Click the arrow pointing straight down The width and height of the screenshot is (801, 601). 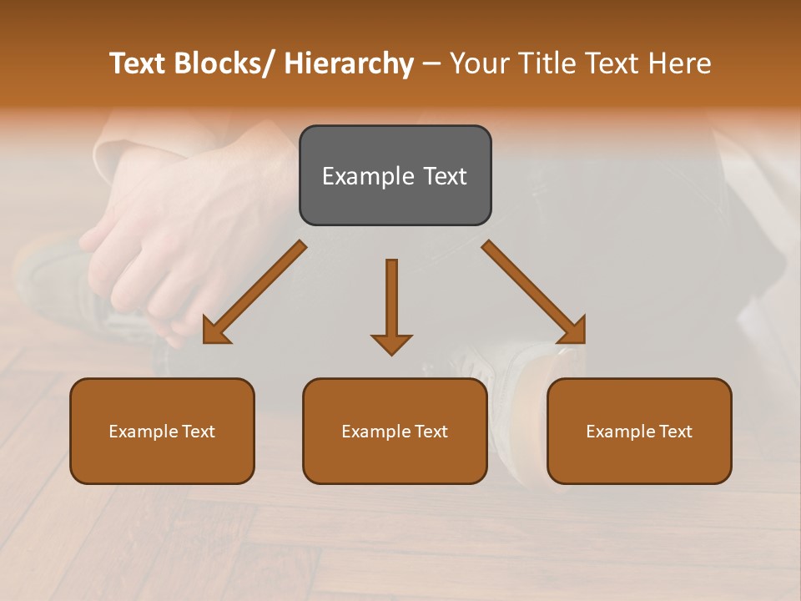[x=391, y=306]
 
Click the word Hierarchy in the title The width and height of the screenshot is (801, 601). [x=349, y=63]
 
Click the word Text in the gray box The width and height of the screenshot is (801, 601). [x=445, y=176]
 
